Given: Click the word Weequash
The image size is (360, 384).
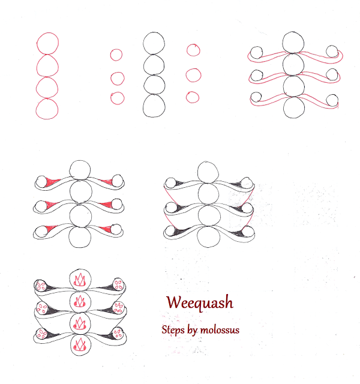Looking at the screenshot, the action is point(200,303).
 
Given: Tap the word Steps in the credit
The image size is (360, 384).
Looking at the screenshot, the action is point(173,330).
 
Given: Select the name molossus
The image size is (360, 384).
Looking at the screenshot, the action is point(220,331).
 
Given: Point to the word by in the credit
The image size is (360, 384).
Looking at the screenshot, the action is point(192,331).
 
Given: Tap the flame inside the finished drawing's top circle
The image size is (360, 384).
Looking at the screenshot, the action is point(80,280).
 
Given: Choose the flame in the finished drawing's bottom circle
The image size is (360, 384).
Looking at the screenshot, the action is point(80,344).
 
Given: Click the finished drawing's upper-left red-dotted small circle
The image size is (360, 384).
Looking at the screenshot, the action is point(41,286).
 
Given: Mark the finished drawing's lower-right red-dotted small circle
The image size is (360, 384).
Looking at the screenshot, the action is point(118,334).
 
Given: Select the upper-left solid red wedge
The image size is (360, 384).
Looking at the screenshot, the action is point(52,181).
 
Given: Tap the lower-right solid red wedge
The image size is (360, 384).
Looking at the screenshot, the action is point(106,229).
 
